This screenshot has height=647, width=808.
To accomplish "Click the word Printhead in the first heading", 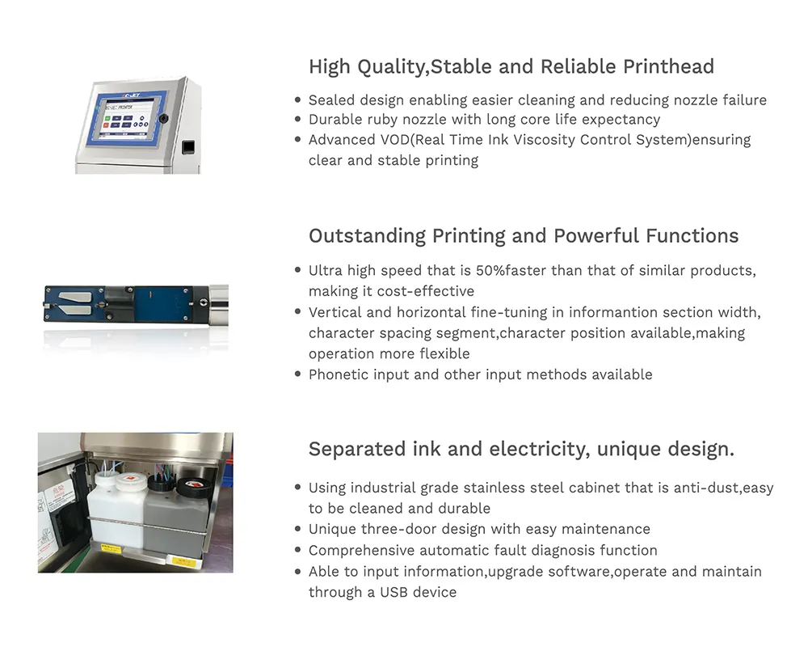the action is click(x=668, y=66).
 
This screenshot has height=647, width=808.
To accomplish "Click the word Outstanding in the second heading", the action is click(x=367, y=236).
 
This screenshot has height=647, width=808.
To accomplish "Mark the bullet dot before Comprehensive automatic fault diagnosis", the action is click(x=297, y=550).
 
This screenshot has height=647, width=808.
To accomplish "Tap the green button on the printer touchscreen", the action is click(x=107, y=119).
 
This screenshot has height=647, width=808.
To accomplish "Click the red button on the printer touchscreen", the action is click(x=107, y=125).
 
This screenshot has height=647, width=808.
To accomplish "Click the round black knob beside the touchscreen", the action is click(x=163, y=118).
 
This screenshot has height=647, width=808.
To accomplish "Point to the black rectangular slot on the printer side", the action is click(x=188, y=147).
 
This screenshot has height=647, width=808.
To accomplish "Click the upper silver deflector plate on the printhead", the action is click(x=75, y=297).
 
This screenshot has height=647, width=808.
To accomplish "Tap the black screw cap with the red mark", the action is click(x=191, y=486).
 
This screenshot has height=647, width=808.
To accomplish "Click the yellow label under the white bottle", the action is click(x=111, y=547).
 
